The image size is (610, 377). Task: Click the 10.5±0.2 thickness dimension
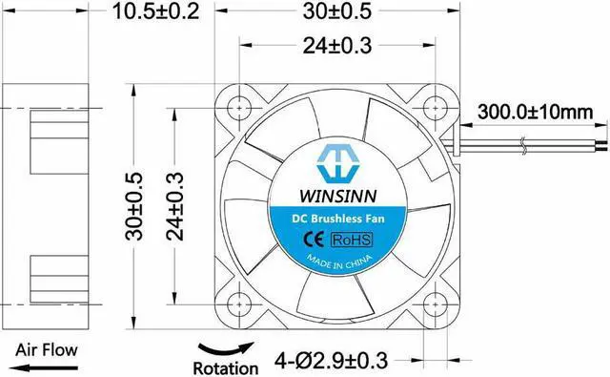[x=155, y=10]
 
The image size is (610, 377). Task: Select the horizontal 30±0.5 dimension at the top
[x=337, y=10]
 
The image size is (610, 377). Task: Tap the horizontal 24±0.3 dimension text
[x=337, y=46]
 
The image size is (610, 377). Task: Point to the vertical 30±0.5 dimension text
[x=134, y=206]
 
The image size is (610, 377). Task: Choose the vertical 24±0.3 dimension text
[x=174, y=206]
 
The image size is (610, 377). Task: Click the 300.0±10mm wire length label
[x=536, y=112]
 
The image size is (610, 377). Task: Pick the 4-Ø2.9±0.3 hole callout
[x=331, y=360]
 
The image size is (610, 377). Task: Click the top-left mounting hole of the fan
[x=239, y=108]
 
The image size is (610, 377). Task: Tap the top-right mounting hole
[x=435, y=108]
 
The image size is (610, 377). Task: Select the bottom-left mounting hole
[x=239, y=304]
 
